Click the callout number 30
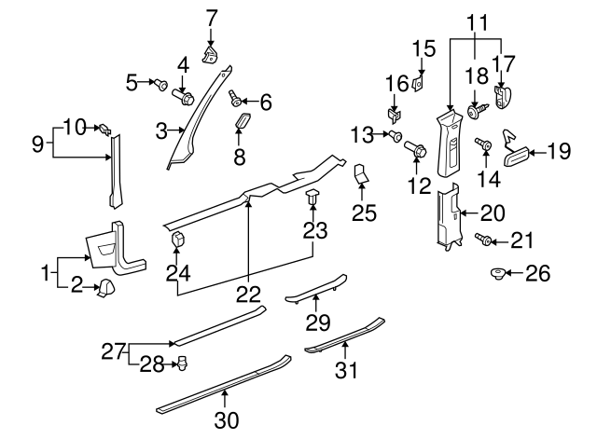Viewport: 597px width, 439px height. [x=226, y=420]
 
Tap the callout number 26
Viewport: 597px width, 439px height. [x=538, y=273]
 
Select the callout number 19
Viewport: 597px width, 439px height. [x=558, y=148]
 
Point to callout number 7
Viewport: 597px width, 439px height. [x=211, y=16]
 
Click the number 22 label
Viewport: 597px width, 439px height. [x=247, y=294]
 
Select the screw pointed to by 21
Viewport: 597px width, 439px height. [x=484, y=241]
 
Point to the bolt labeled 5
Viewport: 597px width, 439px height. [x=160, y=85]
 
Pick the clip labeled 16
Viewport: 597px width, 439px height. [x=393, y=116]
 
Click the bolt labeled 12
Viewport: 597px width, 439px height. [x=416, y=148]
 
